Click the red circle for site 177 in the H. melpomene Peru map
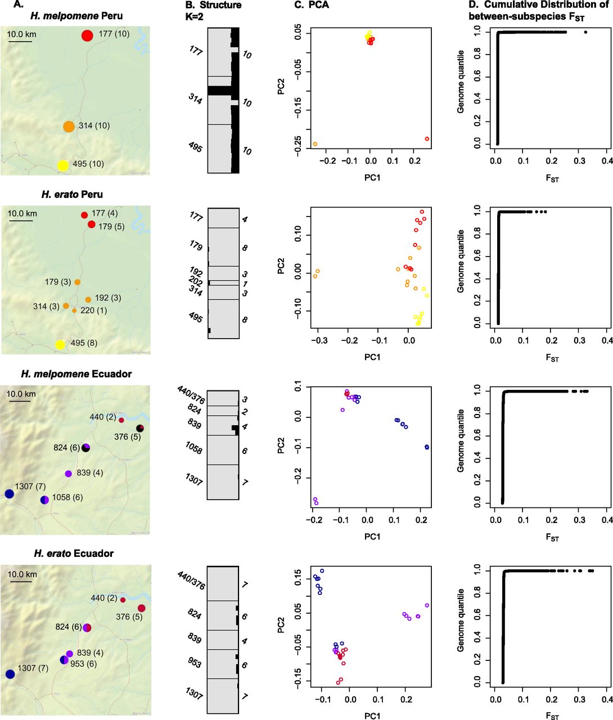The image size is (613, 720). (87, 35)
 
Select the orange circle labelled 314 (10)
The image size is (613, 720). (69, 127)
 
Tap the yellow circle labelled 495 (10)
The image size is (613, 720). (63, 165)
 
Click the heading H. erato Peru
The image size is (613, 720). (72, 195)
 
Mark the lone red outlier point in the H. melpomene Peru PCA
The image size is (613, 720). (427, 138)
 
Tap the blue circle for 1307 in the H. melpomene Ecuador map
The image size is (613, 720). (9, 494)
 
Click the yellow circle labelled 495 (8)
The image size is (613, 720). (60, 344)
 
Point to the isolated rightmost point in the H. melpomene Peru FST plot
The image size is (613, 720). (585, 32)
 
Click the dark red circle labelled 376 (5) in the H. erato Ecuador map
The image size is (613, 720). (141, 608)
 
